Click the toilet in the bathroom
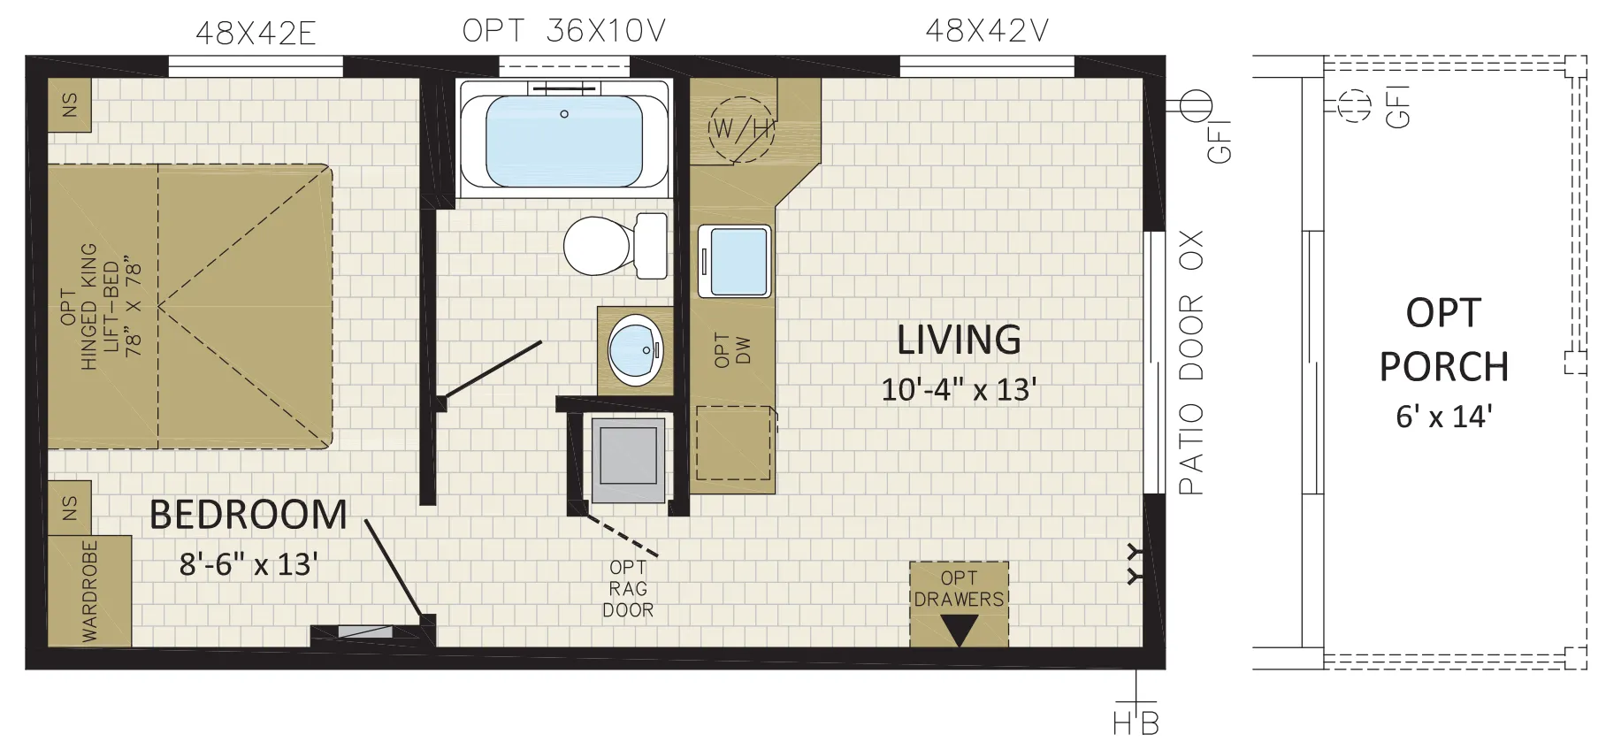pos(616,245)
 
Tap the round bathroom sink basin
pos(636,349)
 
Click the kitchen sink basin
pos(735,261)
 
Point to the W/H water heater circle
pos(741,129)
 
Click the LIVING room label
pos(959,340)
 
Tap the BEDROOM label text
pos(249,515)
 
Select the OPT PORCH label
pos(1443,340)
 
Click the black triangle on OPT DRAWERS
pos(959,630)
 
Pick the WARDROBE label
pos(90,591)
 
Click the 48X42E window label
pos(256,34)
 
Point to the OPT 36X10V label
pos(564,31)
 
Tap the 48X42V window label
pos(987,31)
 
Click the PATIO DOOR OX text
pos(1191,363)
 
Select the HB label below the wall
pos(1136,723)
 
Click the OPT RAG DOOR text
pos(628,589)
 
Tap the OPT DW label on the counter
pos(732,350)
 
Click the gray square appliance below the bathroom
pos(628,461)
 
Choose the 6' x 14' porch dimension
pos(1444,416)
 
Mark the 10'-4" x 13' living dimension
pos(959,389)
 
